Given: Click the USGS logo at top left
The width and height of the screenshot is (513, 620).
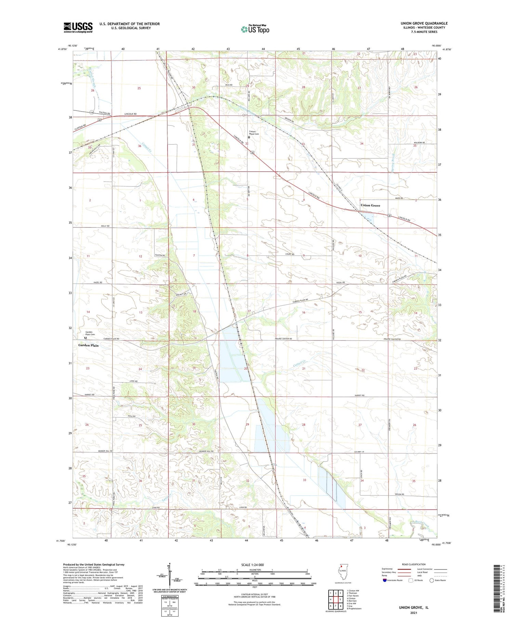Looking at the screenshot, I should click(x=78, y=27).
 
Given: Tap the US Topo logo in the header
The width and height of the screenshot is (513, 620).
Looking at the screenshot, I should click(x=255, y=29).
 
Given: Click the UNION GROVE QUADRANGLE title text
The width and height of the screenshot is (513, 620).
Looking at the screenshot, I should click(x=424, y=23).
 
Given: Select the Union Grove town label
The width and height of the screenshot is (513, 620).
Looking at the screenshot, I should click(x=370, y=205).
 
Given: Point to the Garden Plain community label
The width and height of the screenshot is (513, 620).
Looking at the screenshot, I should click(x=88, y=345).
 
